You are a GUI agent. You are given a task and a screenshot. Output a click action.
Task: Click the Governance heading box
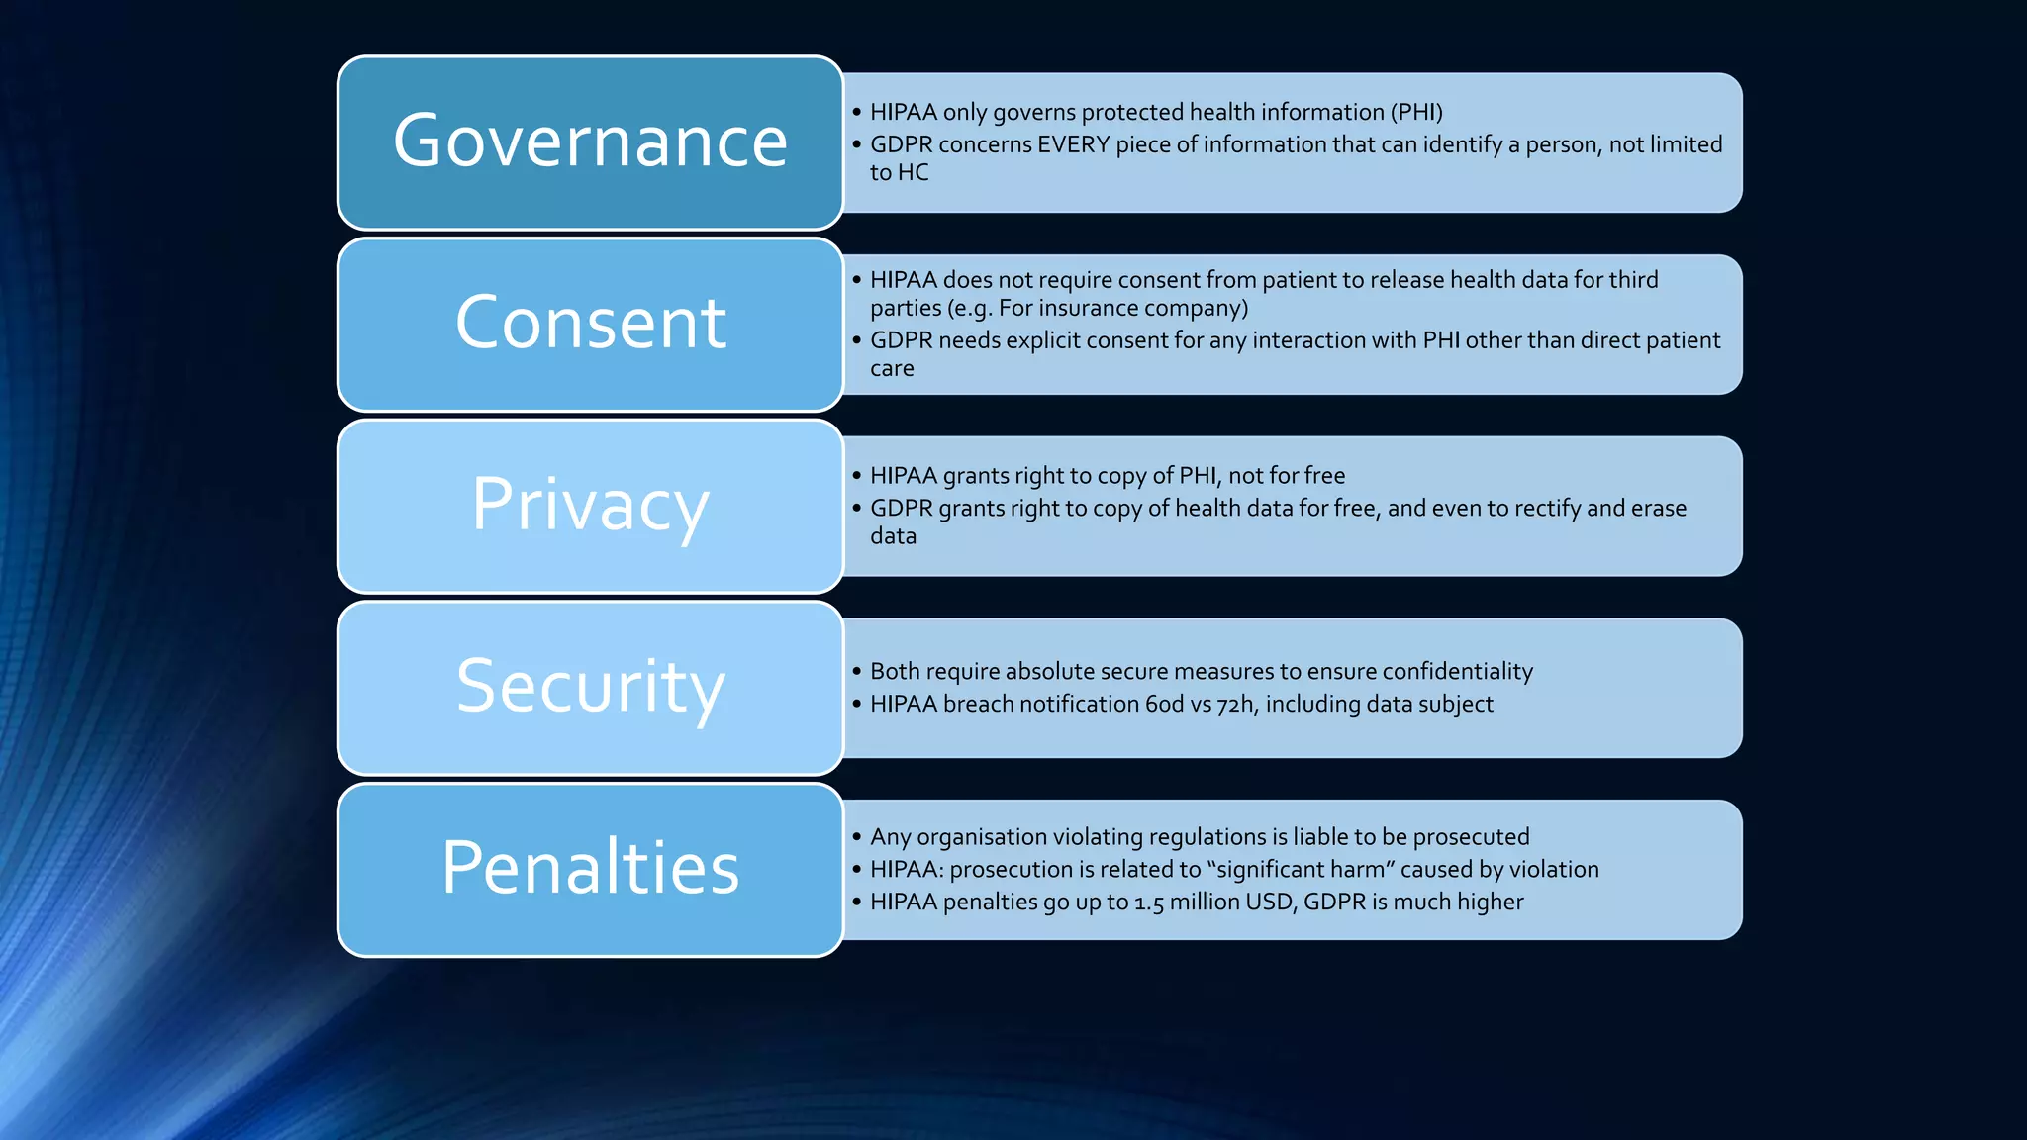click(x=590, y=142)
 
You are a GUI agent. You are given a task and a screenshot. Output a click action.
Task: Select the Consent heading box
click(x=590, y=325)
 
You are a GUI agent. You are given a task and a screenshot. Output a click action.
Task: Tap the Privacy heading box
click(x=590, y=506)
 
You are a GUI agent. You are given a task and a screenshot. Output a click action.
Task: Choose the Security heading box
click(x=590, y=688)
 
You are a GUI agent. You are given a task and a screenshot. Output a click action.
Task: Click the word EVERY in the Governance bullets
click(x=1074, y=144)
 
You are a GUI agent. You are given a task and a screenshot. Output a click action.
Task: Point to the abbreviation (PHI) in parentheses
click(x=1416, y=112)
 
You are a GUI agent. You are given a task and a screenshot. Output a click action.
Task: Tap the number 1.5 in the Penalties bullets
click(x=1148, y=902)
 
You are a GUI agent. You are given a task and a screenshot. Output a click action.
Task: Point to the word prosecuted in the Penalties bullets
click(x=1471, y=836)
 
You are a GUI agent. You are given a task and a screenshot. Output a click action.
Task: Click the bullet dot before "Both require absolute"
click(x=856, y=671)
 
